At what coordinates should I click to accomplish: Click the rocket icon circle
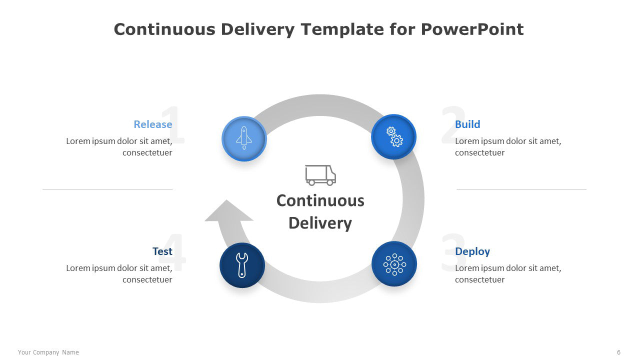(244, 139)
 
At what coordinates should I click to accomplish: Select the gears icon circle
(393, 136)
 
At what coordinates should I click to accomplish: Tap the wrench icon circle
(242, 265)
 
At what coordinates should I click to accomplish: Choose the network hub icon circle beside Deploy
(394, 264)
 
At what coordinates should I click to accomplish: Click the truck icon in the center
(320, 175)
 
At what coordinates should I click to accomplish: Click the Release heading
(153, 124)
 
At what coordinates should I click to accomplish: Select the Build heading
(467, 124)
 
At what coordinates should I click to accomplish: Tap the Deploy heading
(472, 251)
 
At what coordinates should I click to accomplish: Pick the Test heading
(162, 251)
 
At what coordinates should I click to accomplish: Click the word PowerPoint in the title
(472, 29)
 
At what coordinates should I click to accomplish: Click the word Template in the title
(342, 29)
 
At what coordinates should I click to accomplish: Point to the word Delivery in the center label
(320, 223)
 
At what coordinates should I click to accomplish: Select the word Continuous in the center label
(320, 200)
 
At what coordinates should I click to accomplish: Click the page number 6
(618, 352)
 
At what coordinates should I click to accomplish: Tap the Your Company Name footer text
(48, 352)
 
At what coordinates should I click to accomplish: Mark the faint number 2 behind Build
(453, 124)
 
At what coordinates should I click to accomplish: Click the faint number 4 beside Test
(172, 252)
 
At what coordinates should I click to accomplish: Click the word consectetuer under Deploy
(479, 279)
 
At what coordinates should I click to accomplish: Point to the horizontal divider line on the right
(521, 189)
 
